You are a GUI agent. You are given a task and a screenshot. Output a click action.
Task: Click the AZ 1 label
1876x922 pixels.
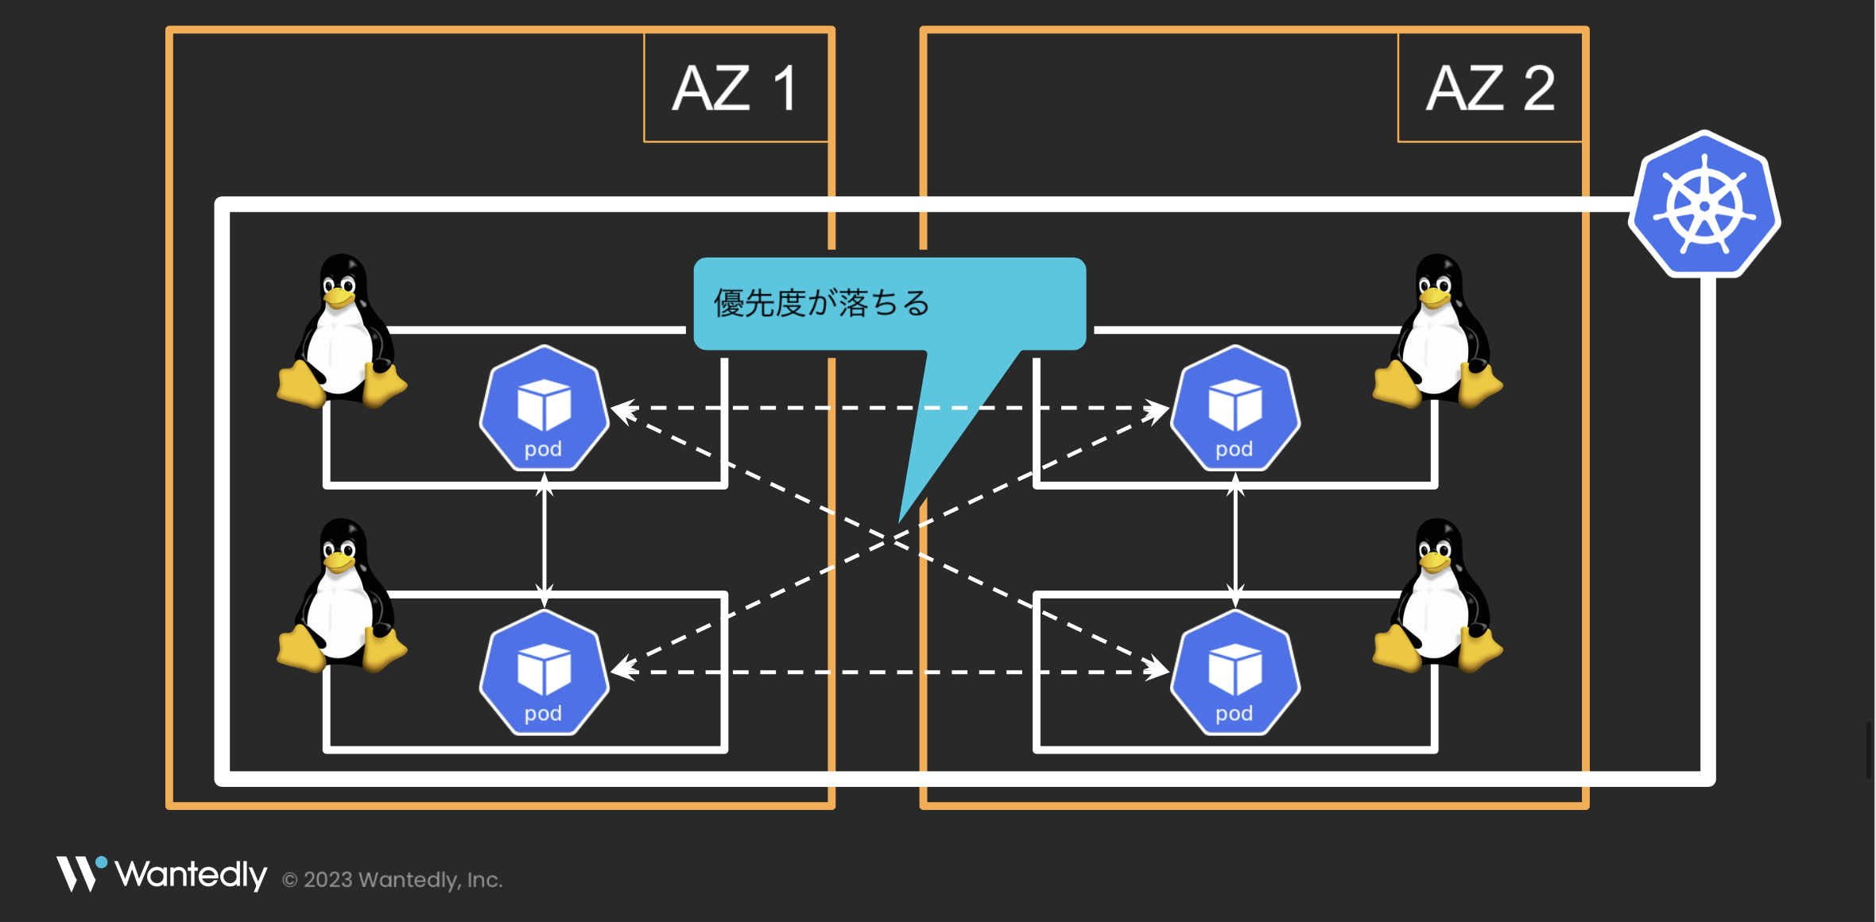tap(735, 88)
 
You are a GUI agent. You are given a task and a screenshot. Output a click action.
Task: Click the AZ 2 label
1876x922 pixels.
tap(1490, 88)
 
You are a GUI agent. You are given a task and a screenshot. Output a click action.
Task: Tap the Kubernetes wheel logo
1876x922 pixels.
tap(1704, 206)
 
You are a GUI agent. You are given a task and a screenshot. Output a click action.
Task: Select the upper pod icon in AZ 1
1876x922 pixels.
tap(544, 407)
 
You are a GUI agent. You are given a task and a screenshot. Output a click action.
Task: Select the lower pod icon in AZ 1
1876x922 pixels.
tap(544, 672)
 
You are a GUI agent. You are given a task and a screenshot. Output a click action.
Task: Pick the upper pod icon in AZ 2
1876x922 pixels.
tap(1235, 407)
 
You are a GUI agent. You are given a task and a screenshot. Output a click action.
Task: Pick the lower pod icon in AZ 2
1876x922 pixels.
tap(1235, 672)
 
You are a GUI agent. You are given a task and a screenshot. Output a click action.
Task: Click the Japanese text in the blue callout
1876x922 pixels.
tap(821, 304)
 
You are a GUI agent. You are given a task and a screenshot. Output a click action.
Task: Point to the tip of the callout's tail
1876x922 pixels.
tap(901, 520)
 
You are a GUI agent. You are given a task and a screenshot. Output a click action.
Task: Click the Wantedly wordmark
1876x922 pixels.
tap(191, 874)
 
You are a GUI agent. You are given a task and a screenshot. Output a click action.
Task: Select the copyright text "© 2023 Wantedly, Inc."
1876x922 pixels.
tap(393, 880)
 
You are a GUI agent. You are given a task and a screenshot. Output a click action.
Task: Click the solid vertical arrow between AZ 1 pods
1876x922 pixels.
tap(544, 540)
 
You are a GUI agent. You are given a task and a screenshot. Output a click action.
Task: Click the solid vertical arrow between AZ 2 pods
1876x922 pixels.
tap(1235, 540)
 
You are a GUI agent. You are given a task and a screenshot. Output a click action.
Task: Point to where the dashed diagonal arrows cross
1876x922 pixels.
tap(890, 540)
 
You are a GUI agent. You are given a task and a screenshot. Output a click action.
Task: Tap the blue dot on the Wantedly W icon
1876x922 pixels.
tap(101, 862)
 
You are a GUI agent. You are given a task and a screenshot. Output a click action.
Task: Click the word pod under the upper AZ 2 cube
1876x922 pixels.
tap(1235, 449)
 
